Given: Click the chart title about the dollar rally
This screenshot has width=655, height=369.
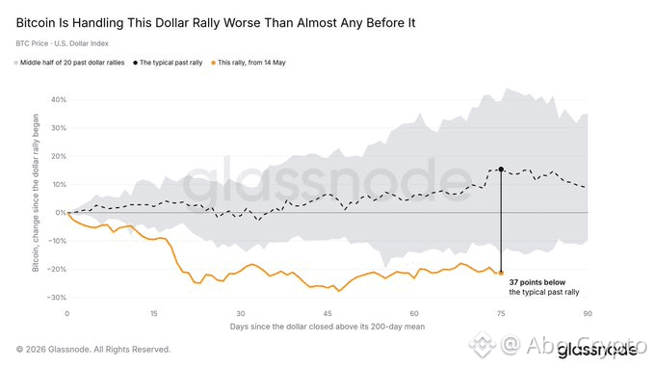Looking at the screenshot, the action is tap(216, 23).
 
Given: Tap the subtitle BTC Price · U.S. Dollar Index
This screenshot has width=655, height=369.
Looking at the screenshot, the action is tap(63, 43).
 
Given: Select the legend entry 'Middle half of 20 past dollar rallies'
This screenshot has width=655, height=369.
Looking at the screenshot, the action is tap(69, 63).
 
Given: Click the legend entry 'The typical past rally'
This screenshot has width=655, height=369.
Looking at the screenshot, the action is tap(168, 63).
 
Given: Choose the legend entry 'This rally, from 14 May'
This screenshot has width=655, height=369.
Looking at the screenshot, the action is tap(249, 63).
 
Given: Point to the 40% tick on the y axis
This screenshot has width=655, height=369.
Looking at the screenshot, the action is tap(59, 100).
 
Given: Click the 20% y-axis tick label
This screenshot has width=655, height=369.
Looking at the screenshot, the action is tap(59, 156).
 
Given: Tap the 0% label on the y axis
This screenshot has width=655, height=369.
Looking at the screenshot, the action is tap(61, 213).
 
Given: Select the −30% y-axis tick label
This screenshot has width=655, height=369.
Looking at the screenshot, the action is tap(57, 298).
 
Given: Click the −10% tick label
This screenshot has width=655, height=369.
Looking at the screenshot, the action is tap(57, 241).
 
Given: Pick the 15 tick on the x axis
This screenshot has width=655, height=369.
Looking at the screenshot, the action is tap(154, 313).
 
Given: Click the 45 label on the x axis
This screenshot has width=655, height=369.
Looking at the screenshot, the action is tap(327, 313).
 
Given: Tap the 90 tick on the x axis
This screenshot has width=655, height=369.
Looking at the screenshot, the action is tap(588, 313).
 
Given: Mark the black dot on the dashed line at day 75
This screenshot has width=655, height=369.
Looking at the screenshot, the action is tap(501, 170).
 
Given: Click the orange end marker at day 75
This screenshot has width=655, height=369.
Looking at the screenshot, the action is tap(501, 273).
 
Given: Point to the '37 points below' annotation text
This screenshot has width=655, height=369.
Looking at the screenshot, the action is tap(537, 282).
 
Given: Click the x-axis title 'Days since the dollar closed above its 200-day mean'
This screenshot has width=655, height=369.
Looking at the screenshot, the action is tap(327, 327).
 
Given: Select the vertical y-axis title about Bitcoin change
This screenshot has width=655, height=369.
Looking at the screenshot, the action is tap(36, 193).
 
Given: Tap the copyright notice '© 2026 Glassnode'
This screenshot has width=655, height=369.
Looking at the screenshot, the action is tap(93, 350).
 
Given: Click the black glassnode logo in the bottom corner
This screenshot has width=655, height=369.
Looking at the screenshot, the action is tap(597, 350).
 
